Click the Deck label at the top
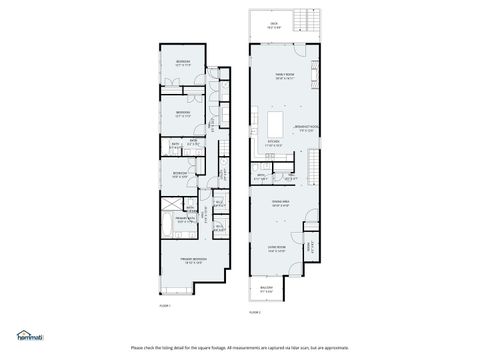[x=273, y=27]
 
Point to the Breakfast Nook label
[x=306, y=128]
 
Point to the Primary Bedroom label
[x=192, y=261]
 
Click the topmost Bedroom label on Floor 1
[x=184, y=62]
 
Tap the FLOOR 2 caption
[x=256, y=312]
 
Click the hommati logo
[x=29, y=335]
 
